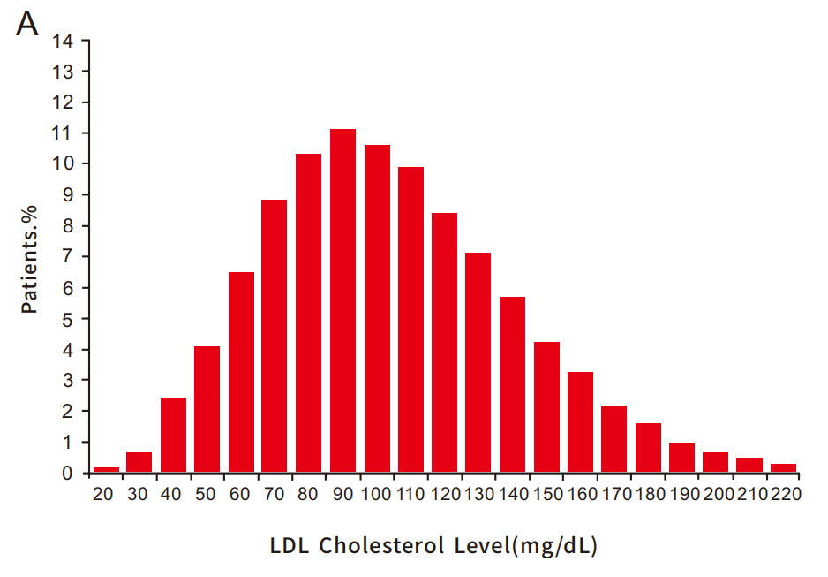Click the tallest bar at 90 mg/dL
click(342, 300)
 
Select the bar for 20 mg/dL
click(106, 470)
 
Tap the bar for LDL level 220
click(783, 468)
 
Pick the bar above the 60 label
click(241, 372)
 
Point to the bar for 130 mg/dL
click(478, 362)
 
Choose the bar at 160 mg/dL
click(580, 422)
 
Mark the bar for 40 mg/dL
click(173, 435)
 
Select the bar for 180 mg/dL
click(648, 448)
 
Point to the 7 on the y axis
click(69, 257)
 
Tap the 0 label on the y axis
click(69, 474)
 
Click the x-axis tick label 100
click(377, 495)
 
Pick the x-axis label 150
click(546, 495)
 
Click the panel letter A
click(27, 24)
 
